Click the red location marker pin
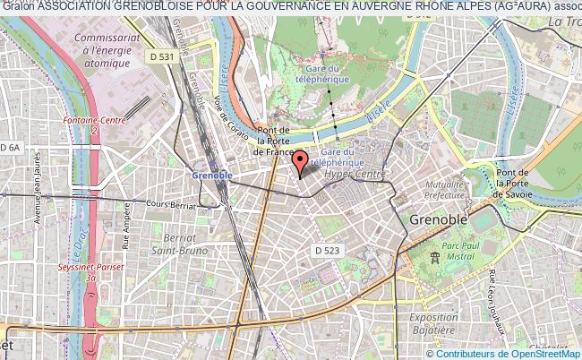pyautogui.click(x=301, y=162)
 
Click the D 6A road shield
pyautogui.click(x=11, y=147)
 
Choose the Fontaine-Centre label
pyautogui.click(x=93, y=124)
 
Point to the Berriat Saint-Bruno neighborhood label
pyautogui.click(x=186, y=244)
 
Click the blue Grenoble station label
pyautogui.click(x=212, y=175)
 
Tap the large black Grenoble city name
pyautogui.click(x=440, y=219)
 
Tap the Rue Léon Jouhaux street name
pyautogui.click(x=493, y=304)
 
